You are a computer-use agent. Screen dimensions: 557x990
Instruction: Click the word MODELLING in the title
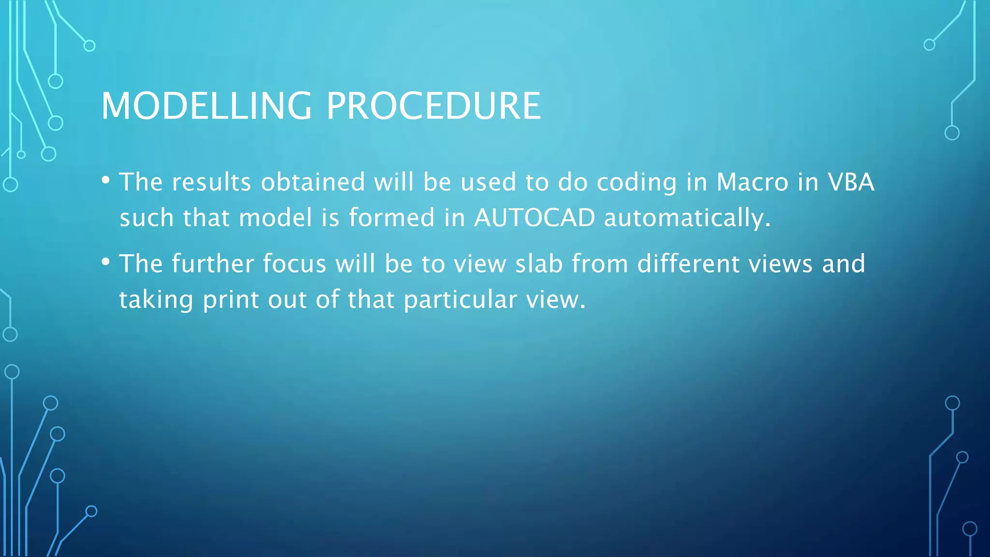[206, 106]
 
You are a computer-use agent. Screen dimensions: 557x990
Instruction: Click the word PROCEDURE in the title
[434, 106]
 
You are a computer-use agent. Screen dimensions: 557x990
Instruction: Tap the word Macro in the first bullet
[753, 182]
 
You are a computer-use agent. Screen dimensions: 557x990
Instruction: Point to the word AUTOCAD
[535, 218]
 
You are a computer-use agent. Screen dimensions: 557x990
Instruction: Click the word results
[211, 183]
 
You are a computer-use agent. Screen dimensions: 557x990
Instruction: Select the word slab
[539, 264]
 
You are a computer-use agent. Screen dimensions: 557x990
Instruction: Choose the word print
[231, 300]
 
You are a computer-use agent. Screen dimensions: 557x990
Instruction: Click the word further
[213, 264]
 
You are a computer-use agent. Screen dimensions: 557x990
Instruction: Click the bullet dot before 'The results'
[106, 180]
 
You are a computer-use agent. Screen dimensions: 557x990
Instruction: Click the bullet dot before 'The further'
[106, 262]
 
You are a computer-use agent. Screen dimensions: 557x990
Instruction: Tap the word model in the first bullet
[276, 218]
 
